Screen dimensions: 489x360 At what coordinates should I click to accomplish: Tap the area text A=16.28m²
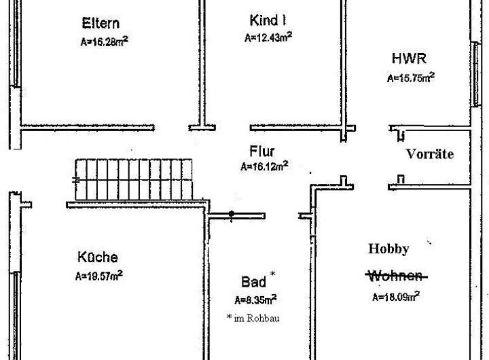point(105,41)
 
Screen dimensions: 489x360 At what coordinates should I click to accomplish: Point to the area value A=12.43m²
point(268,37)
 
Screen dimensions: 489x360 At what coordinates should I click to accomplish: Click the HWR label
point(409,58)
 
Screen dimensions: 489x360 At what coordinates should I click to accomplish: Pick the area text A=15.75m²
point(411,77)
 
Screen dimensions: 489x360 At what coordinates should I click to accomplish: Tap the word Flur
point(261,151)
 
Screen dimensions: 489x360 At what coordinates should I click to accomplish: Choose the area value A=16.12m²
point(264,166)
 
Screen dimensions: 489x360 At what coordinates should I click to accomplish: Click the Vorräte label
point(429,154)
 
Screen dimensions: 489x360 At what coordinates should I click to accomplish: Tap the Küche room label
point(97,257)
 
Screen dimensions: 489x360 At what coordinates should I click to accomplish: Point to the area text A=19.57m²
point(99,275)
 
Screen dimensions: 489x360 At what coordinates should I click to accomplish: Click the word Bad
point(253,281)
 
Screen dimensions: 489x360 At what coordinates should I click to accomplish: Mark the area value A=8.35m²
point(255,300)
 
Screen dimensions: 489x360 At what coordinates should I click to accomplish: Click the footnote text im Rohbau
point(257,317)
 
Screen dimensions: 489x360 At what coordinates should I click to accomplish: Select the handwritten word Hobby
point(388,249)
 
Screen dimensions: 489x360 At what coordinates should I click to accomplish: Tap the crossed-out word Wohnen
point(396,276)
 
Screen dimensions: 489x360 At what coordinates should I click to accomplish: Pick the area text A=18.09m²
point(395,296)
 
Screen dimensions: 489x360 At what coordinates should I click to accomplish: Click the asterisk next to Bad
point(273,274)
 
